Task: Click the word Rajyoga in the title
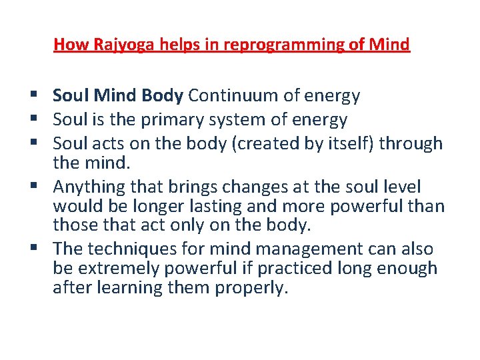tap(113, 45)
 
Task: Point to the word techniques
tap(144, 249)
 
